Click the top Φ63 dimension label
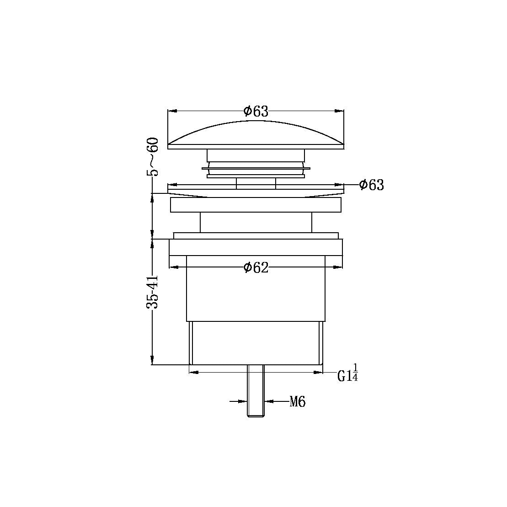[256, 111]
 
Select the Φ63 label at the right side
[372, 185]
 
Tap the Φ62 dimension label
[256, 267]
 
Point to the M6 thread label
[298, 402]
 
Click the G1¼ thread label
[348, 374]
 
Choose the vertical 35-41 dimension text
[153, 292]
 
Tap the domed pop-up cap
[256, 135]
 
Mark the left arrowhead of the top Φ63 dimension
[172, 111]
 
